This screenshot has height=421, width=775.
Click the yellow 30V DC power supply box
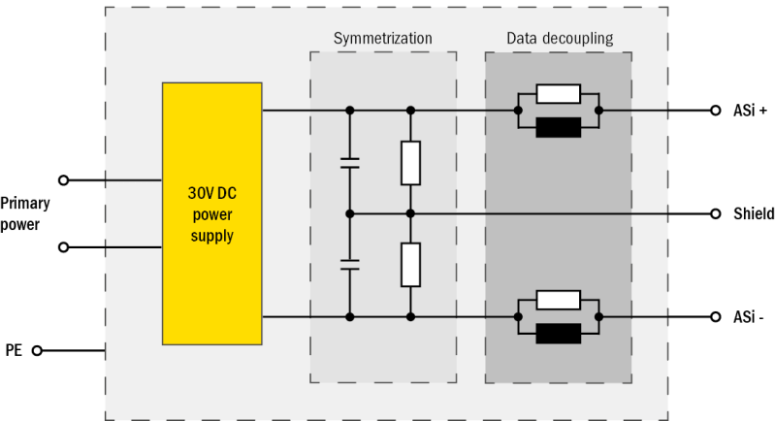(x=211, y=213)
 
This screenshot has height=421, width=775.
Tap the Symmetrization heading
(x=382, y=39)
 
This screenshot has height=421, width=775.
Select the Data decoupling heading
(x=559, y=39)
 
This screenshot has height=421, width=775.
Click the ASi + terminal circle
(x=715, y=111)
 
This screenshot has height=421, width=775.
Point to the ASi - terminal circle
(x=715, y=316)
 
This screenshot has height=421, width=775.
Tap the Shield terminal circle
(x=715, y=213)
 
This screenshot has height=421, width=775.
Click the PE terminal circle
(x=37, y=350)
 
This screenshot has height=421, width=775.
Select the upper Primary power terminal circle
(x=64, y=179)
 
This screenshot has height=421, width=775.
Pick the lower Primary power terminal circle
(x=64, y=247)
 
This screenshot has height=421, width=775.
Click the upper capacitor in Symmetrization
(x=350, y=163)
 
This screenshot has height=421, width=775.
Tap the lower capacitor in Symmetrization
(x=350, y=265)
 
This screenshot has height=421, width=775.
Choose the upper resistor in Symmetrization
(x=410, y=162)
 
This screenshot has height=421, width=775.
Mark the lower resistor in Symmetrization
(x=410, y=265)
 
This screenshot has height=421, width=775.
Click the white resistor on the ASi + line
(x=558, y=94)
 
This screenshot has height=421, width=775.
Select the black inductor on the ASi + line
(x=558, y=127)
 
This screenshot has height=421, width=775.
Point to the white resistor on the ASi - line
(x=558, y=300)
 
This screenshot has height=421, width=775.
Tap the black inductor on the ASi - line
(x=558, y=334)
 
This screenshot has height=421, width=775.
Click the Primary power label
(x=25, y=213)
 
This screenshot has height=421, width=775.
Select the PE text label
(x=14, y=350)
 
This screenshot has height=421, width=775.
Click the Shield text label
(x=754, y=213)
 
